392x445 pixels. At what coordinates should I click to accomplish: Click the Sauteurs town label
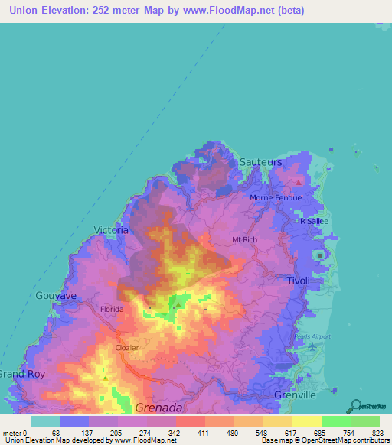click(x=260, y=163)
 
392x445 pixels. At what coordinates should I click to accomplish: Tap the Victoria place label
click(x=110, y=229)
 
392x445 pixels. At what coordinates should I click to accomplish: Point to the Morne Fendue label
click(x=276, y=198)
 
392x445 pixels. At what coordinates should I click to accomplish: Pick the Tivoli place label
click(x=299, y=281)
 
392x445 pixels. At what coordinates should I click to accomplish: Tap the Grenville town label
click(x=294, y=395)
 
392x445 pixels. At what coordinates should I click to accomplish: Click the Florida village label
click(x=113, y=309)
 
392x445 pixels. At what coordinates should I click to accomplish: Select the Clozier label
click(x=126, y=347)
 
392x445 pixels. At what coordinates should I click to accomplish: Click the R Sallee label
click(x=313, y=220)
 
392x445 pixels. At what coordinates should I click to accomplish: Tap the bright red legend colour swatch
click(x=190, y=421)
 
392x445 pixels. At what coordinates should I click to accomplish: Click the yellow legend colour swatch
click(x=306, y=421)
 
